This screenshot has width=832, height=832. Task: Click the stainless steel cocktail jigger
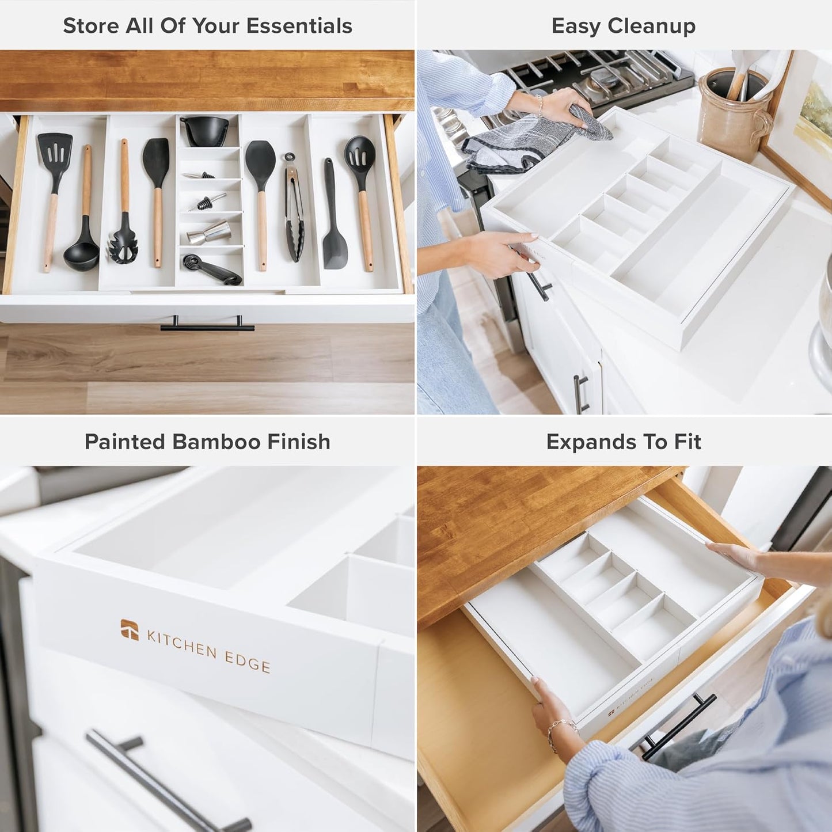click(207, 232)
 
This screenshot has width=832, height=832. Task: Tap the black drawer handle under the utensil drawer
click(207, 327)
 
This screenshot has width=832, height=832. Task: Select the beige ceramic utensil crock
click(732, 118)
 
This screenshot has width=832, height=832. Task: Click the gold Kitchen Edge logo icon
click(130, 629)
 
